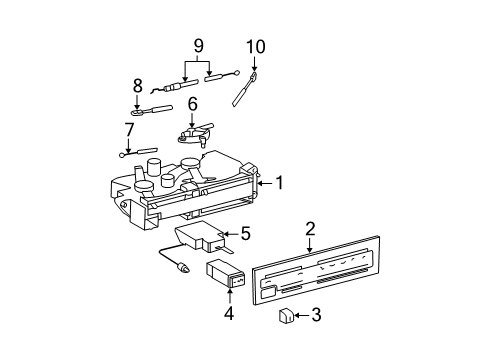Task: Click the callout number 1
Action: pos(281,183)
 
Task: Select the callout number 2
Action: pos(310,229)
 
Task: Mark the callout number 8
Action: pos(137,85)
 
